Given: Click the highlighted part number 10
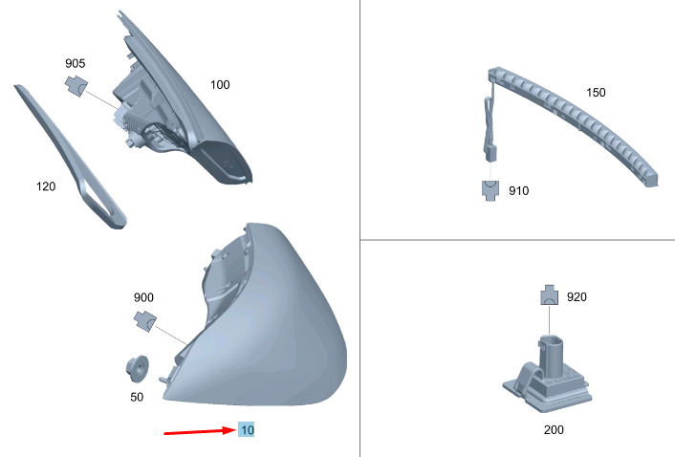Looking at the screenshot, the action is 247,429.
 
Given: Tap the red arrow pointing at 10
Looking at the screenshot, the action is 200,431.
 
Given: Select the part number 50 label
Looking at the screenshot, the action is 137,397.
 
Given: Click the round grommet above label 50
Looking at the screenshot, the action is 138,369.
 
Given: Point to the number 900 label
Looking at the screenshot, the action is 143,297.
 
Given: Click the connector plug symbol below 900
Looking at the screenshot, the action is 145,321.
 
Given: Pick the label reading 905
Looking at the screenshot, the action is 76,63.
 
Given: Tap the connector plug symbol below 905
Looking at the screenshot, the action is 76,86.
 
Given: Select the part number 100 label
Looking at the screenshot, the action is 220,85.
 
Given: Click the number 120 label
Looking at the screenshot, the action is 46,186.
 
